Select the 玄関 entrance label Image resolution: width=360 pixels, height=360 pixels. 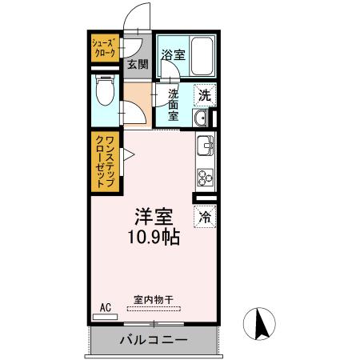point(137,65)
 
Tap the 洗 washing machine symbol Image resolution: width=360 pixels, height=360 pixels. point(205,94)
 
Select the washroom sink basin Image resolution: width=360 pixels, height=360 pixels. point(201,120)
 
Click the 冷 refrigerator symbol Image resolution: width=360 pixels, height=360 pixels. point(205,215)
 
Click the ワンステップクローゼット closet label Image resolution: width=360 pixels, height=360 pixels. point(105,162)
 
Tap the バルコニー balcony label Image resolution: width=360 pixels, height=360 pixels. point(154,340)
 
